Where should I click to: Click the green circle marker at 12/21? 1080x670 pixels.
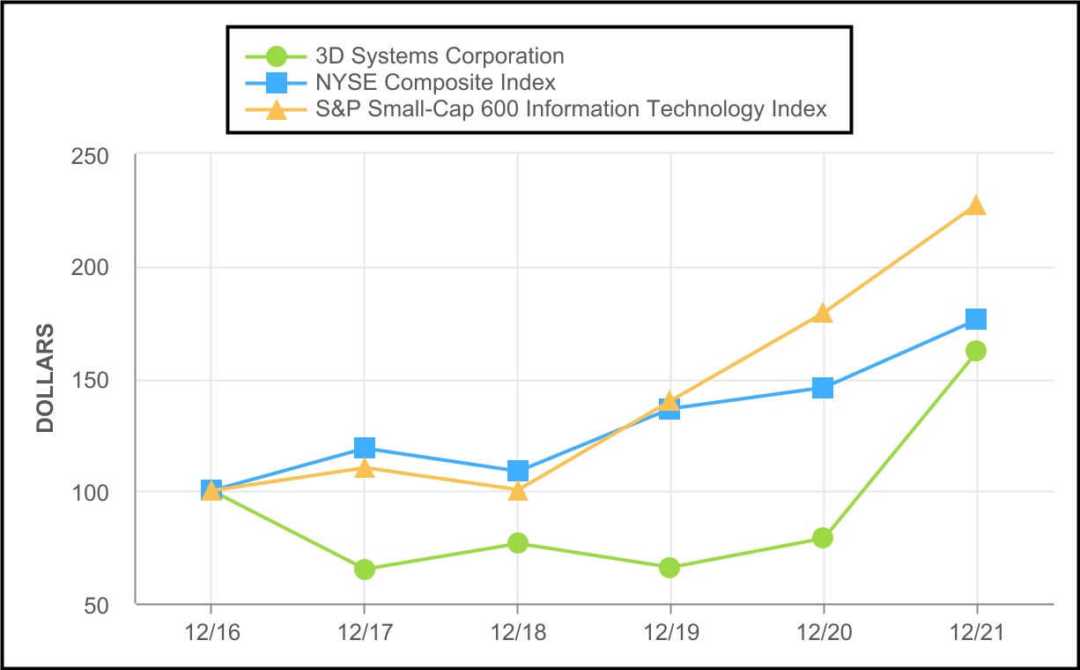(x=975, y=351)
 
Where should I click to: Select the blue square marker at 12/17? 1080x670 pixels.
(x=365, y=448)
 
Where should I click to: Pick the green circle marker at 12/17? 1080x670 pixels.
(x=365, y=569)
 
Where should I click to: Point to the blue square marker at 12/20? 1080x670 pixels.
(x=823, y=388)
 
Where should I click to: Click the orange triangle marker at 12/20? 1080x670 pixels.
(x=823, y=314)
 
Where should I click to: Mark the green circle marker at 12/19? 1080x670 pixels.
(x=669, y=568)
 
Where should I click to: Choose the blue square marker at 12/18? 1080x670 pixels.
(x=518, y=471)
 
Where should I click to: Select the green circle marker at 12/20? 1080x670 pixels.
(x=823, y=538)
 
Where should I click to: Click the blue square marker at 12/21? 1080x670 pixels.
(x=975, y=318)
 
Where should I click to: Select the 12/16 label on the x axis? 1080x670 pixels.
(x=211, y=633)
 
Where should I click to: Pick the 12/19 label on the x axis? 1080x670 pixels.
(x=669, y=633)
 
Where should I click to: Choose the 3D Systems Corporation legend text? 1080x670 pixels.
(x=440, y=56)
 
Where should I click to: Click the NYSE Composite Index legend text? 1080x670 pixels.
(x=435, y=83)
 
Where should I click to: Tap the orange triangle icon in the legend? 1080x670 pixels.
(x=277, y=110)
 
